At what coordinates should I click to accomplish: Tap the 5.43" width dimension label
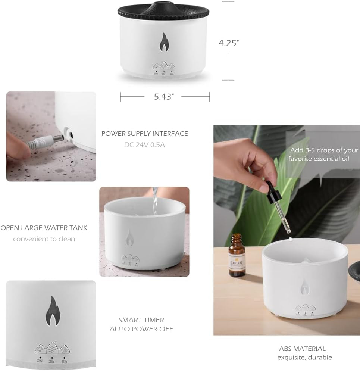coord(164,97)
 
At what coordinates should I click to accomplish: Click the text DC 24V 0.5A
coord(144,144)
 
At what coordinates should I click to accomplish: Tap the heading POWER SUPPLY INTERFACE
coord(145,134)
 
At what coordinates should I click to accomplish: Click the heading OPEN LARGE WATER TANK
coord(44,228)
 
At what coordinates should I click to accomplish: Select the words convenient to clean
coord(44,239)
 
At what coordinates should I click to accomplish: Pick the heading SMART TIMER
coord(141,320)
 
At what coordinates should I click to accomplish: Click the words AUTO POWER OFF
coord(141,329)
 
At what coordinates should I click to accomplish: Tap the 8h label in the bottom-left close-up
coord(64,361)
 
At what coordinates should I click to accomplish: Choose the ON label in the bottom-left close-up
coord(40,361)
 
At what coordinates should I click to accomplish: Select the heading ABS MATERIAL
coord(302,349)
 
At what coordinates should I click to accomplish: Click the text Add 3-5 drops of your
coord(323,150)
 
